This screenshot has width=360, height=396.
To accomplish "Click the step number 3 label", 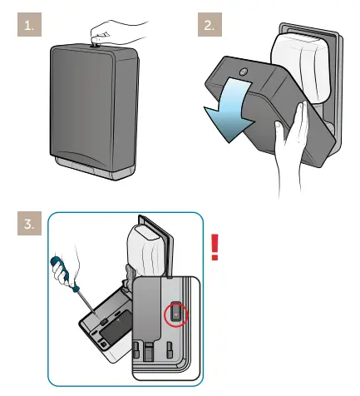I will click(29, 225).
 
